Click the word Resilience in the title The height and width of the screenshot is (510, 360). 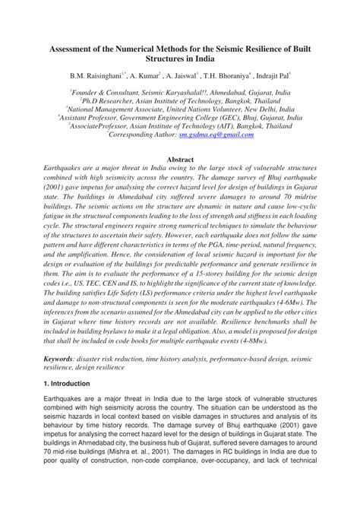266,47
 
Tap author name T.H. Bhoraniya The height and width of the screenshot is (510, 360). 232,77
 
